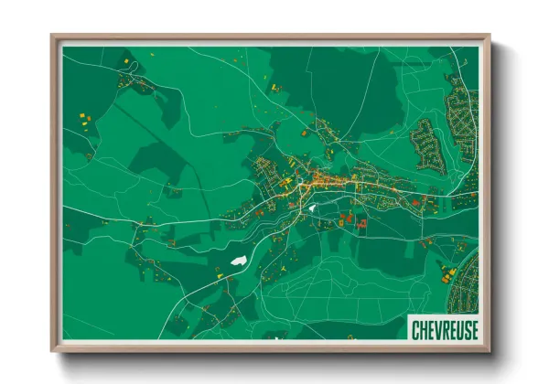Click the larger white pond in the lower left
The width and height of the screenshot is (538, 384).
238,261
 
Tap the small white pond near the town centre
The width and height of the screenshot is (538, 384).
311,208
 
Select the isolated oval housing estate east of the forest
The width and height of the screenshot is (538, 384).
426,143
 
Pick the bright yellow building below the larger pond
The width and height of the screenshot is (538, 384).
219,272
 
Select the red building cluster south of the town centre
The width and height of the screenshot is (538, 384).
352,220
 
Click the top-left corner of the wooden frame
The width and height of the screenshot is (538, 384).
53,37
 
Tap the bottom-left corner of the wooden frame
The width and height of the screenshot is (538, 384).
53,349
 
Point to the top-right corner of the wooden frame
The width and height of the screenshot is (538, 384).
488,37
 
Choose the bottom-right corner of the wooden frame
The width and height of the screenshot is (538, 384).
488,349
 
